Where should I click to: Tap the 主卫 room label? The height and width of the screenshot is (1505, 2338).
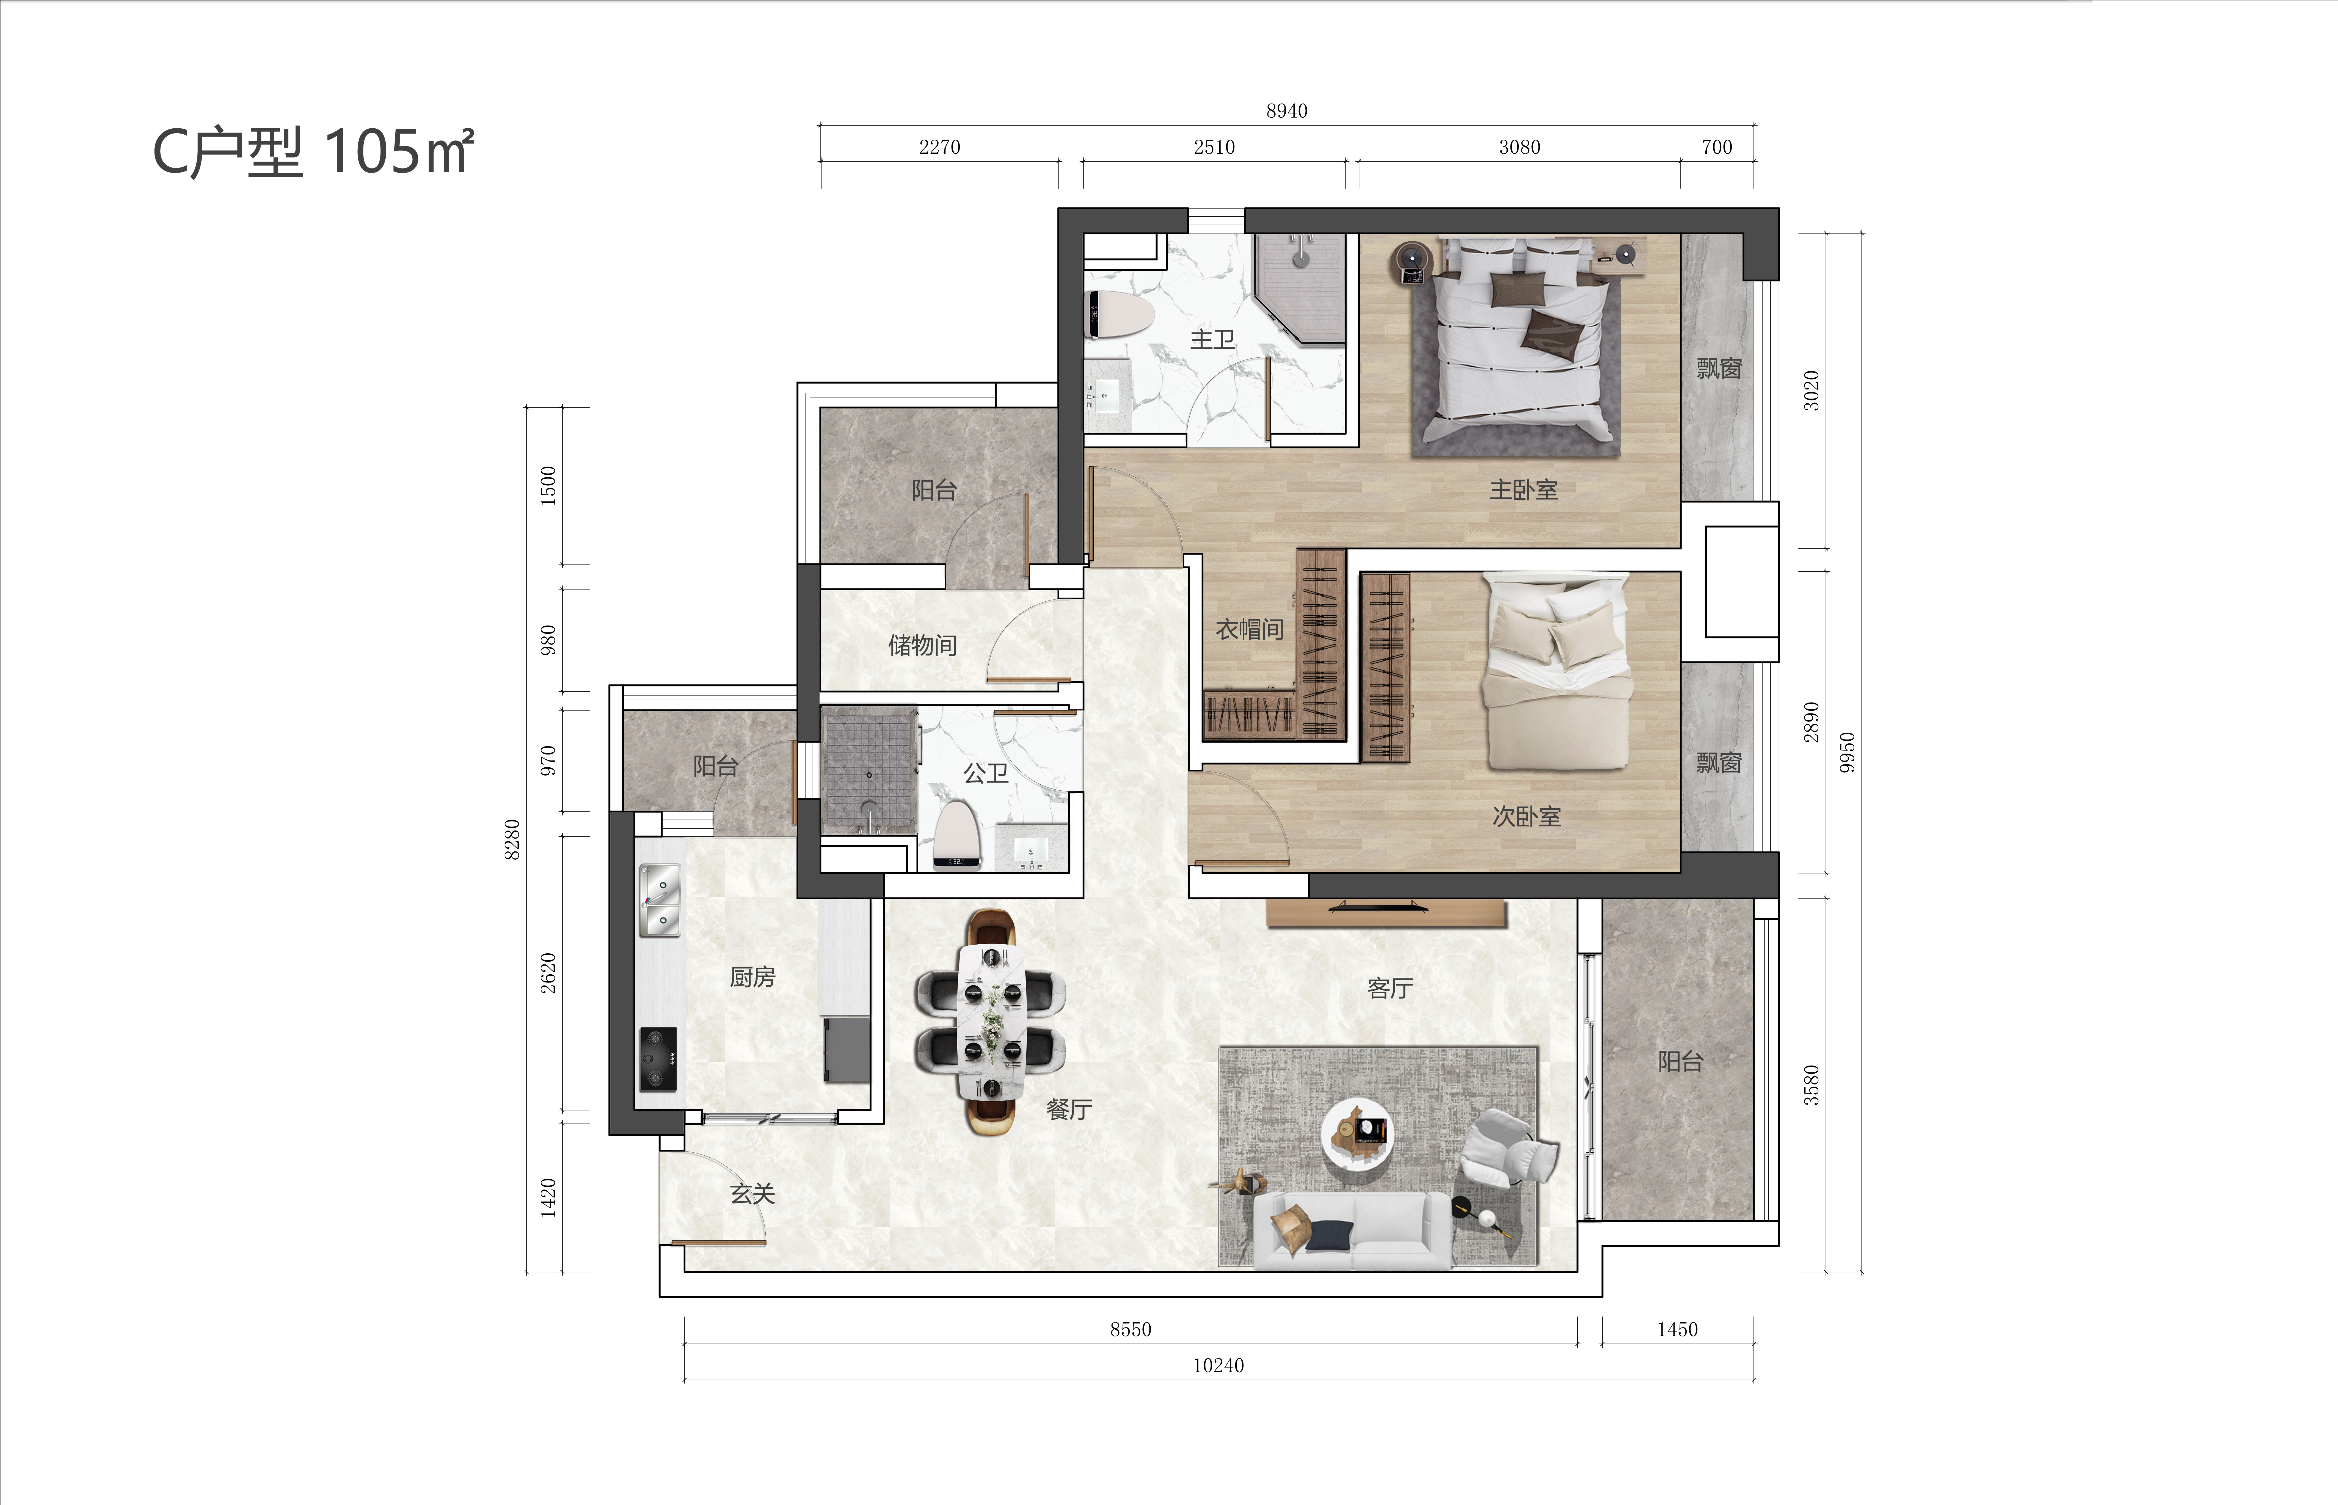pyautogui.click(x=1212, y=339)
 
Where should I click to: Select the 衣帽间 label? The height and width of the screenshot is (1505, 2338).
pyautogui.click(x=1249, y=629)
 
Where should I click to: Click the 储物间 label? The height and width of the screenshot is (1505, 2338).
pyautogui.click(x=922, y=645)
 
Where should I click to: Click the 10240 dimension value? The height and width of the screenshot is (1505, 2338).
pyautogui.click(x=1218, y=1365)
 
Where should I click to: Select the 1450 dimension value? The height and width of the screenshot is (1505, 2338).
pyautogui.click(x=1677, y=1329)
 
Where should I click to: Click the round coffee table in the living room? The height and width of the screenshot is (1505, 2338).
pyautogui.click(x=1358, y=1134)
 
